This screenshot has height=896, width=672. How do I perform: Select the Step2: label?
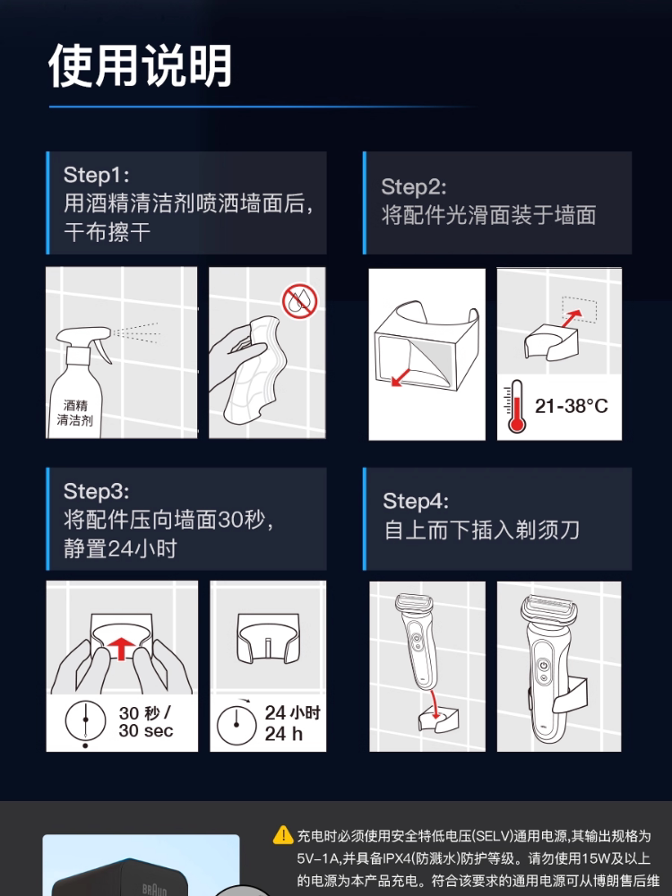tap(413, 186)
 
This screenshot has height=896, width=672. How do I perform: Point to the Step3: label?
tap(96, 491)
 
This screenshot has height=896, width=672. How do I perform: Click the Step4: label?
tap(416, 501)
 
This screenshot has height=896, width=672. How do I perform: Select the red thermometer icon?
tap(515, 407)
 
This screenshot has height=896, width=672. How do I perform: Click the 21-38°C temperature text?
tap(571, 406)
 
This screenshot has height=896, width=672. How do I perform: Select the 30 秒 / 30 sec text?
tap(145, 722)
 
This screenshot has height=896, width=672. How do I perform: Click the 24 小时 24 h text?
tap(291, 723)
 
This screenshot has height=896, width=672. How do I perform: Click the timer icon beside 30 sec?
tap(86, 722)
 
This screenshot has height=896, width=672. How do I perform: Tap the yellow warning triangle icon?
tap(283, 835)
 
